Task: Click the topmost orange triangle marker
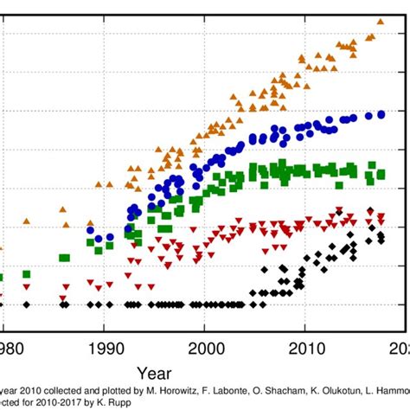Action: [x=380, y=21]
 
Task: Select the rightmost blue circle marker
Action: [x=381, y=114]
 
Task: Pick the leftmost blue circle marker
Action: [x=90, y=230]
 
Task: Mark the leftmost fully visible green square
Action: [x=26, y=274]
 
